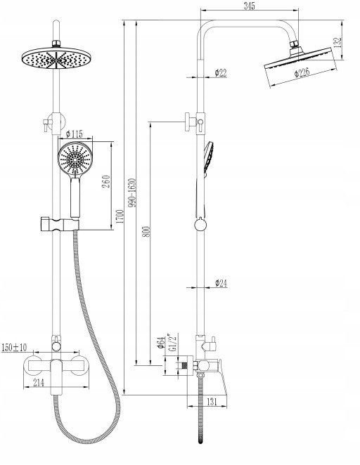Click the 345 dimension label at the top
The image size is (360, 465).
(x=250, y=6)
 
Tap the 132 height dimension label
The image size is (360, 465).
(x=338, y=42)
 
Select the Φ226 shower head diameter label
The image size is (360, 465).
(x=302, y=72)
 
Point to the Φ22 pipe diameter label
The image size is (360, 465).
(x=221, y=72)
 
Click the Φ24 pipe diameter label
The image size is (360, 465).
(x=221, y=283)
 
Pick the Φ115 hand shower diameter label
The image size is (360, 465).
(x=75, y=134)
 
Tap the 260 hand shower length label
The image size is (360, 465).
(x=106, y=181)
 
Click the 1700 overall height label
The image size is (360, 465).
(x=120, y=216)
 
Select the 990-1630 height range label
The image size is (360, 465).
(x=133, y=192)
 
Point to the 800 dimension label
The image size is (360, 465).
(x=146, y=232)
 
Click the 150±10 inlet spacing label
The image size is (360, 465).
(x=14, y=347)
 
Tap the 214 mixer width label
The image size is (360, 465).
(x=38, y=383)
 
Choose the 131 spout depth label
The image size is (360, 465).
(x=212, y=402)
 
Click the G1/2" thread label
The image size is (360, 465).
(x=174, y=343)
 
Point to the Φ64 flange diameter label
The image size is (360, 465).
(x=161, y=342)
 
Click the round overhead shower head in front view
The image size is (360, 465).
(x=57, y=58)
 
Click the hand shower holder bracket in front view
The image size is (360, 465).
(x=59, y=224)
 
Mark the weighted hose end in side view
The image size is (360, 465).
(x=201, y=438)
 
